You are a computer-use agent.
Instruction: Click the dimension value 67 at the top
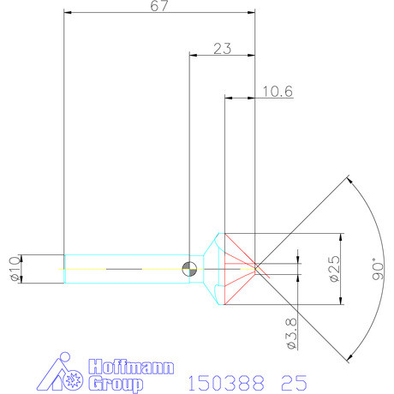(x=160, y=7)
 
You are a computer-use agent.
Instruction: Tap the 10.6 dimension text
(x=277, y=91)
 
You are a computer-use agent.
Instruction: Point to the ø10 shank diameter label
(x=13, y=268)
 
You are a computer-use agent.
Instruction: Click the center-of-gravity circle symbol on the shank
(x=189, y=268)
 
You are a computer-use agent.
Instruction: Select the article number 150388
(x=222, y=380)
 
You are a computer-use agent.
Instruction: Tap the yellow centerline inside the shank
(x=128, y=268)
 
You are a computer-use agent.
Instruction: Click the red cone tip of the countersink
(x=255, y=268)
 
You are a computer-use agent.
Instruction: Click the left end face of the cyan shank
(x=65, y=268)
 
